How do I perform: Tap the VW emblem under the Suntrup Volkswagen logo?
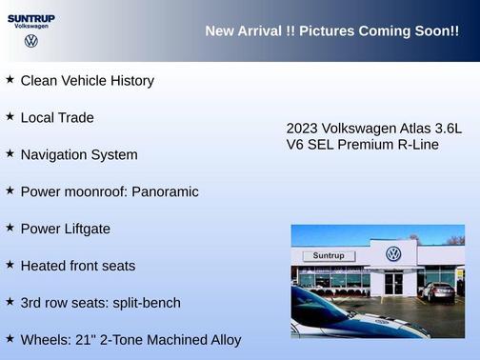point(31,41)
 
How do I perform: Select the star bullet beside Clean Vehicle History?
point(10,80)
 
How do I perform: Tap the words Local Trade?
point(57,118)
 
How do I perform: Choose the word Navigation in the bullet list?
point(53,155)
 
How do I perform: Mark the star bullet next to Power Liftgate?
point(10,228)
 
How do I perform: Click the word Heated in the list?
point(43,266)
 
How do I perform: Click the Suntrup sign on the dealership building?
point(328,256)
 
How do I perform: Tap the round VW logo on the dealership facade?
point(393,254)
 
